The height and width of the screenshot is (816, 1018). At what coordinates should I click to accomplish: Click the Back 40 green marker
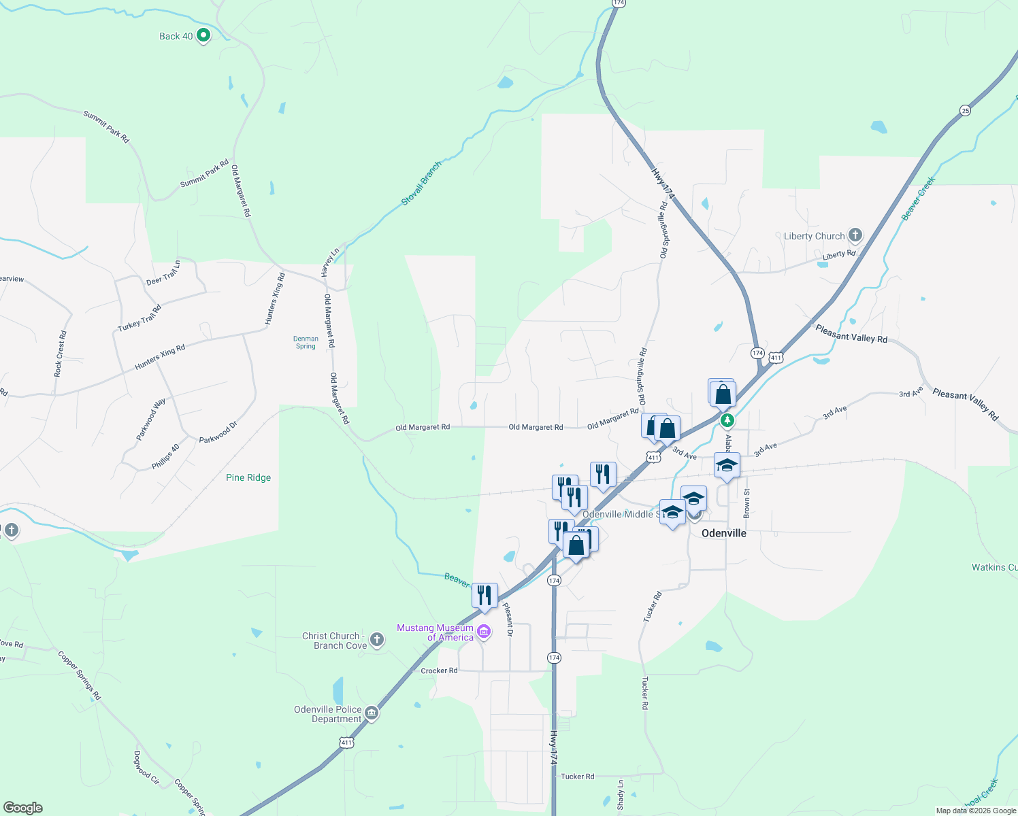[203, 35]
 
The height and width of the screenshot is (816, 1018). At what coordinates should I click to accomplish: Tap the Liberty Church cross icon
[855, 235]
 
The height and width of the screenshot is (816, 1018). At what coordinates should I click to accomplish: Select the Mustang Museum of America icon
[484, 632]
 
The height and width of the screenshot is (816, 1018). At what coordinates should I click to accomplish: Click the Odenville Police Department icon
[371, 713]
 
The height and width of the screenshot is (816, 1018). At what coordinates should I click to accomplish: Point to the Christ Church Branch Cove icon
[377, 640]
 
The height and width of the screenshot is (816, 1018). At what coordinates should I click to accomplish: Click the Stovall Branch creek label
[421, 183]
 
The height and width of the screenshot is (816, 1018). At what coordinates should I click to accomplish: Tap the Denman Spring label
[306, 342]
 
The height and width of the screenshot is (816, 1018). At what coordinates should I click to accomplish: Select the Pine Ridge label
[248, 477]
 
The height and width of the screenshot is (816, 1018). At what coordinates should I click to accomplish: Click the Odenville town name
[723, 533]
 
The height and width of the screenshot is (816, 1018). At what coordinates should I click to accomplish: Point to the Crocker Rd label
[439, 670]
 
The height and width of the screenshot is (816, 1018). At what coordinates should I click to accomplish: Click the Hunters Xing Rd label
[160, 357]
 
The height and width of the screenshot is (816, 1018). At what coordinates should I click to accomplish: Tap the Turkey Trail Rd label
[139, 318]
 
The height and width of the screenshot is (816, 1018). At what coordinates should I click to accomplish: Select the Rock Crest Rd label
[61, 354]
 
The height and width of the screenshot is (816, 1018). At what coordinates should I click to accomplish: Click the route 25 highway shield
[965, 110]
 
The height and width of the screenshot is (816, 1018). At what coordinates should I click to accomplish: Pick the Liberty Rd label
[838, 255]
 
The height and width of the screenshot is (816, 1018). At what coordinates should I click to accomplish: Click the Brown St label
[746, 503]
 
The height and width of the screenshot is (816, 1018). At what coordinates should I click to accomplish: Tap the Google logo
[23, 808]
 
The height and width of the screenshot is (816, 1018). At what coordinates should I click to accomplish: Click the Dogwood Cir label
[146, 768]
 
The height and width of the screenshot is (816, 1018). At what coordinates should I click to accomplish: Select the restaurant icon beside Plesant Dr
[485, 596]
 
